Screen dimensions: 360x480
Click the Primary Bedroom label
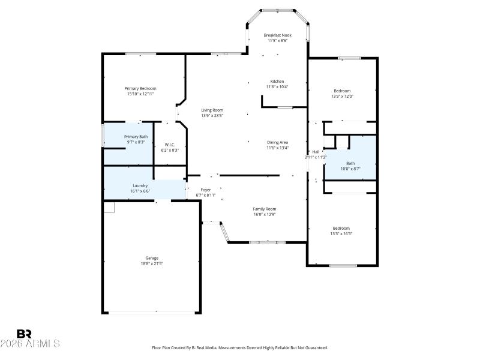pos(140,88)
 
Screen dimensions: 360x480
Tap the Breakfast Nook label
pos(277,35)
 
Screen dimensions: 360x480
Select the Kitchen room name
pos(277,81)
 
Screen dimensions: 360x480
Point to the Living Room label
pos(212,110)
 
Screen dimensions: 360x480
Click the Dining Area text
pos(278,142)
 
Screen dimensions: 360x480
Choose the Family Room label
pos(265,208)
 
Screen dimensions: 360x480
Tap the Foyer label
pos(205,190)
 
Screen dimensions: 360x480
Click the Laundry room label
pos(140,185)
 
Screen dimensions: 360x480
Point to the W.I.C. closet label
pos(170,145)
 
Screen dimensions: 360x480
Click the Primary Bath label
pos(136,137)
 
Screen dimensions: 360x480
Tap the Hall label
pos(316,152)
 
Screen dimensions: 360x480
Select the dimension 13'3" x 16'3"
pos(341,233)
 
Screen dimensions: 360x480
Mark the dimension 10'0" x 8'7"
pos(350,169)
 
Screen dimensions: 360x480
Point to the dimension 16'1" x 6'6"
pos(141,191)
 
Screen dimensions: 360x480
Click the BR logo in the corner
pos(25,334)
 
